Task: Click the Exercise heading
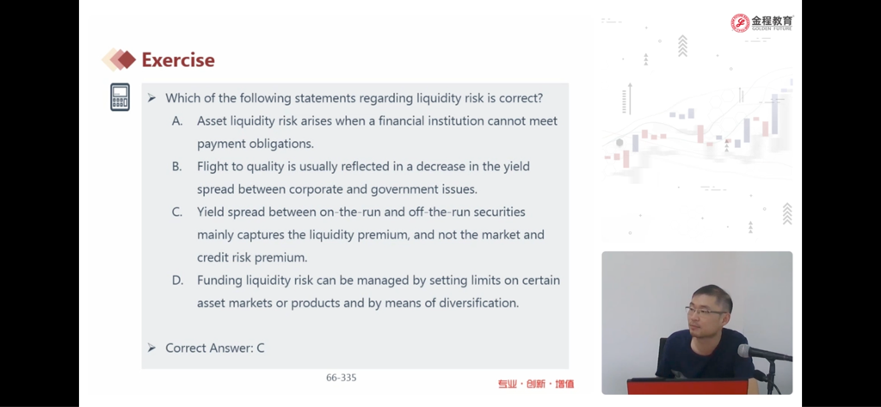point(178,60)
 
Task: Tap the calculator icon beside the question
point(120,97)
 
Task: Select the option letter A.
point(177,120)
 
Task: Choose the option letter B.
point(177,166)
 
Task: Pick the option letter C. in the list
point(177,212)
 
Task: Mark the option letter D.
point(177,280)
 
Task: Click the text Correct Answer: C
point(214,348)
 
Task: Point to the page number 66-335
point(341,378)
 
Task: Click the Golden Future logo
point(762,22)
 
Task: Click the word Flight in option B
point(212,167)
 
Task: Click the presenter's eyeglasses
point(705,311)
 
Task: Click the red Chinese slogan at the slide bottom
point(535,384)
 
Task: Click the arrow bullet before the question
point(151,98)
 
